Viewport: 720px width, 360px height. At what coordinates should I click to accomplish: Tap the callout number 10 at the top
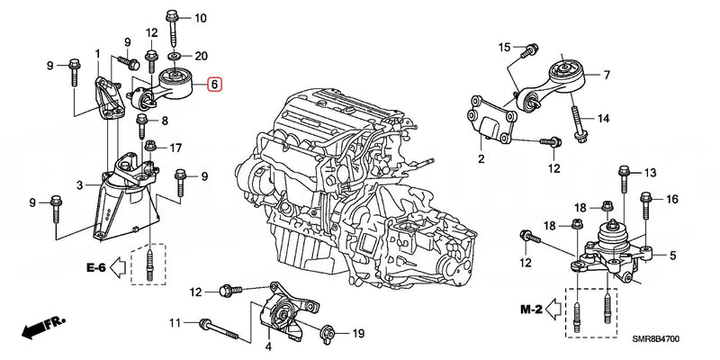(x=200, y=18)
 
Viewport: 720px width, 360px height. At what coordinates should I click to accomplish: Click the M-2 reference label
(x=531, y=310)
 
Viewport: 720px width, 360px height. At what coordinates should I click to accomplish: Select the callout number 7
(x=606, y=75)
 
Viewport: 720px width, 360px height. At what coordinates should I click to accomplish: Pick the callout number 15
(x=505, y=47)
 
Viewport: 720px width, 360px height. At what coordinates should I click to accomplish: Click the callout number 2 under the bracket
(x=481, y=159)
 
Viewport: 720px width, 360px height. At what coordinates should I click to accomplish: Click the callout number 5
(x=671, y=256)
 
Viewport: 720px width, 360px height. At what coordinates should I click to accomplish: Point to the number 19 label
(x=356, y=334)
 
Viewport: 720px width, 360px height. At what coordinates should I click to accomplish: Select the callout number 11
(x=176, y=321)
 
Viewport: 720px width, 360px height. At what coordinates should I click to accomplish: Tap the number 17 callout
(x=175, y=148)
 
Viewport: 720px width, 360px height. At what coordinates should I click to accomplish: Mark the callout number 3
(x=79, y=184)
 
